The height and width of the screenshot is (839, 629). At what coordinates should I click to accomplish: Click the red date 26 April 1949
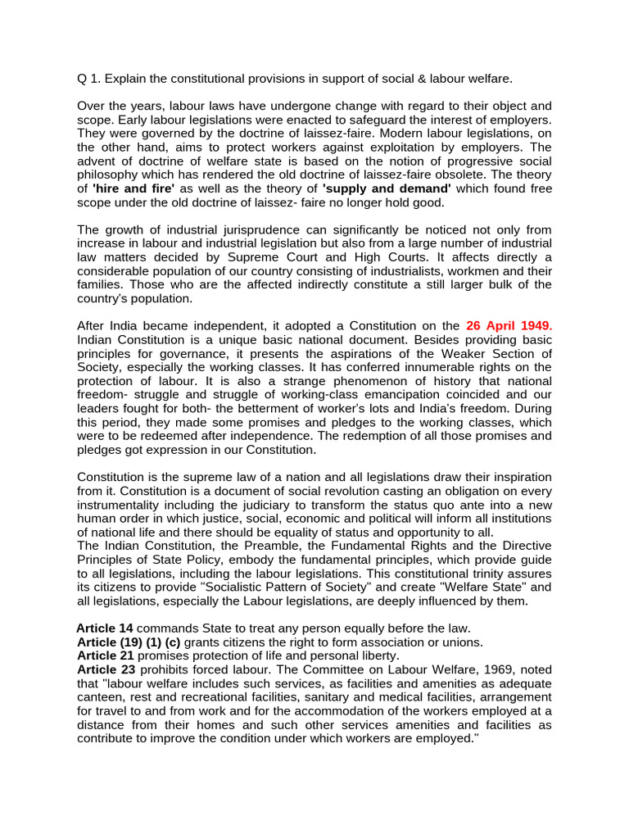click(x=509, y=325)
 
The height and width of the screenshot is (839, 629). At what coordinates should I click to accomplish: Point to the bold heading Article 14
click(x=105, y=628)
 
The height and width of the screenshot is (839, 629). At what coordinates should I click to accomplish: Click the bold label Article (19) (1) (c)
click(x=129, y=642)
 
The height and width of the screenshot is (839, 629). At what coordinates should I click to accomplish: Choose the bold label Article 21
click(x=105, y=655)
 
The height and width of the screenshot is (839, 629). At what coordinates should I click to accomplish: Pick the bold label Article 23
click(x=105, y=669)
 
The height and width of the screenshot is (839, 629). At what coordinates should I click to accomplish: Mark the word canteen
click(x=100, y=697)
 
